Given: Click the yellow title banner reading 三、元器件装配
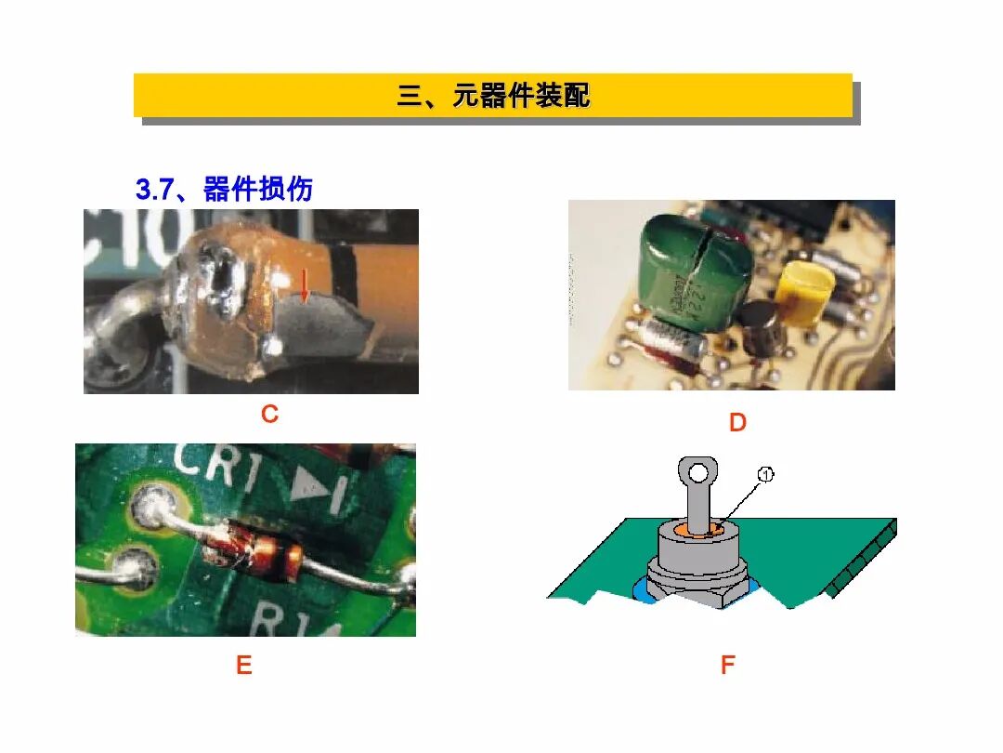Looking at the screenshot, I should click(492, 96).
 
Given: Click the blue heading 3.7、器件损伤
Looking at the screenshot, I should click(224, 190).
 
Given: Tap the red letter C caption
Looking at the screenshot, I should click(269, 415).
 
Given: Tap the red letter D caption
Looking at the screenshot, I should click(737, 424).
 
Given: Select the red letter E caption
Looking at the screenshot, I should click(243, 666).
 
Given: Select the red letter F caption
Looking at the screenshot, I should click(727, 666).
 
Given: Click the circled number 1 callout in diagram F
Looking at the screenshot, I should click(765, 475).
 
